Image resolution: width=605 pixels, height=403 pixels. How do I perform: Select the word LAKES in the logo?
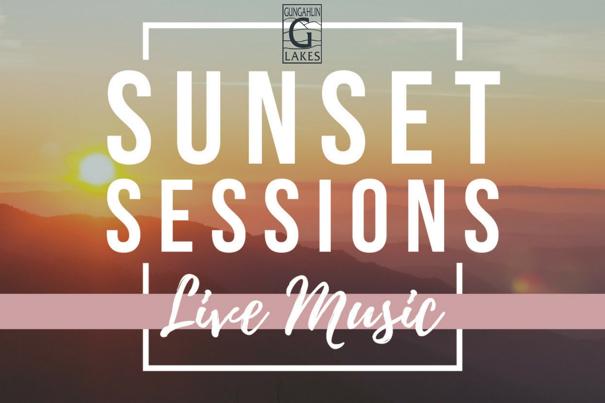[302, 57]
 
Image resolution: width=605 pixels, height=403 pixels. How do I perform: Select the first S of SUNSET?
[129, 118]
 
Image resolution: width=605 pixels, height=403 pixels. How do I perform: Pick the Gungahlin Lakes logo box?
[302, 34]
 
